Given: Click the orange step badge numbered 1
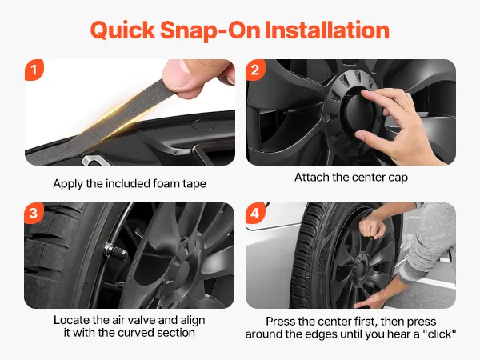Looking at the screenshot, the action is (x=34, y=70).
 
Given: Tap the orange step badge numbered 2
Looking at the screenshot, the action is (x=255, y=70).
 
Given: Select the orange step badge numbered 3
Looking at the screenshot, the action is (x=34, y=213).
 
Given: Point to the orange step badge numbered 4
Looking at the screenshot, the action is (x=255, y=213).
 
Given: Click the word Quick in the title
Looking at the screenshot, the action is (x=122, y=30).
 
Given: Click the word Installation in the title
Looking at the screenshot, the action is (x=327, y=30).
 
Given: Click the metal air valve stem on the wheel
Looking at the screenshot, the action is (x=116, y=251).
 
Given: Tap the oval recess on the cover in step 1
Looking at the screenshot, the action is (x=202, y=124).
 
